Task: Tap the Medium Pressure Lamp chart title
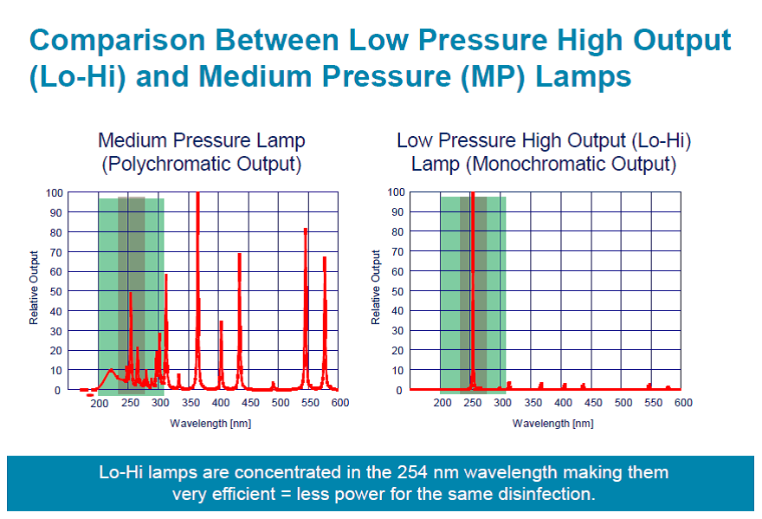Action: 201,151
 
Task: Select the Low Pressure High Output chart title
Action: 544,151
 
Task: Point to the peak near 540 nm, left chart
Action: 306,230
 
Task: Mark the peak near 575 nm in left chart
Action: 325,258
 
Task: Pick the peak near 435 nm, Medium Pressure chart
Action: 240,255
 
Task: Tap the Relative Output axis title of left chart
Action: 34,288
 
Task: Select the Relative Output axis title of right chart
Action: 376,288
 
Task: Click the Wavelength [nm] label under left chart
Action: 210,423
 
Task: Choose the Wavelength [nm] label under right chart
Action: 553,423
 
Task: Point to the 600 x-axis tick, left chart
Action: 339,403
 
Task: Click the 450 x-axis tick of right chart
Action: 593,403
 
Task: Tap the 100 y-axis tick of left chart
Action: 53,192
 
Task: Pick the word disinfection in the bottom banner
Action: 540,494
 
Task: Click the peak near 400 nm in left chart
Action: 222,322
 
